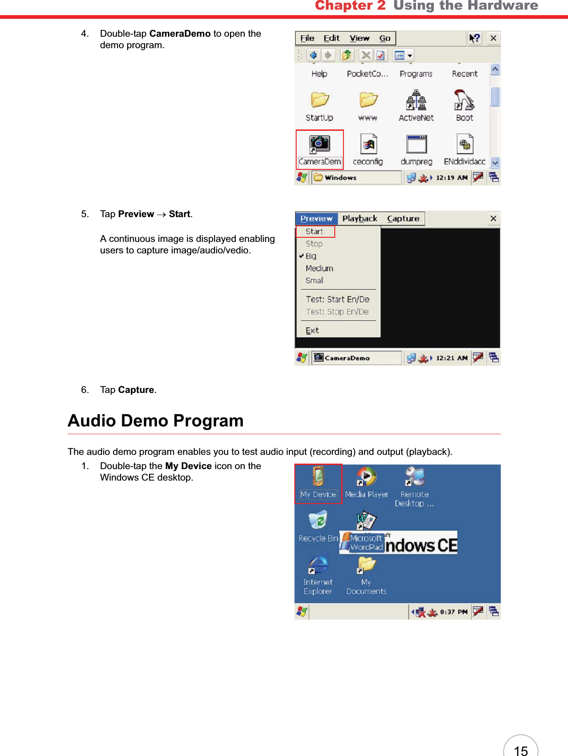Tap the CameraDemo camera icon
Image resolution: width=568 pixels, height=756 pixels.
(x=320, y=145)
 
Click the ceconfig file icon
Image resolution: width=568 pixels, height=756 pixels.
(x=368, y=145)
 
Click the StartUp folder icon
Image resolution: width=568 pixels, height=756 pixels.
(x=320, y=100)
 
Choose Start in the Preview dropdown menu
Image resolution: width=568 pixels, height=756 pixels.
(x=315, y=231)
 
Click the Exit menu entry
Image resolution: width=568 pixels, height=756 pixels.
(x=312, y=330)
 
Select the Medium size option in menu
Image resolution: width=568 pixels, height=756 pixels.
(x=319, y=268)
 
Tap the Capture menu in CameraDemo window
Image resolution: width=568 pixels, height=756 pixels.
(x=403, y=218)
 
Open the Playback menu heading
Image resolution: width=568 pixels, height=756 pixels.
(x=360, y=218)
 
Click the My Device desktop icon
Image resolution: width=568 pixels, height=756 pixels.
(x=318, y=477)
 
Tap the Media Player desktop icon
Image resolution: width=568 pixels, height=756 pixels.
(x=366, y=477)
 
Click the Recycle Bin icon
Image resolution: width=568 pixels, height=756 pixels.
(x=318, y=521)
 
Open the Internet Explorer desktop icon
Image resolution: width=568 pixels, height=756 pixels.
(x=318, y=566)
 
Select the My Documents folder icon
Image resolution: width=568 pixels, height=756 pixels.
(x=366, y=566)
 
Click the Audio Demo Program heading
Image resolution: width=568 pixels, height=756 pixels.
(x=156, y=420)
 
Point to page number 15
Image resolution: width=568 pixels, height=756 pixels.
(x=521, y=750)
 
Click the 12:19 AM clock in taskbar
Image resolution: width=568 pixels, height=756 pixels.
(x=451, y=178)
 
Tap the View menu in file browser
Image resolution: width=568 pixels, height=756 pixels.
(x=359, y=38)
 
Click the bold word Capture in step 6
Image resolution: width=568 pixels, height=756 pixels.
(x=136, y=390)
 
